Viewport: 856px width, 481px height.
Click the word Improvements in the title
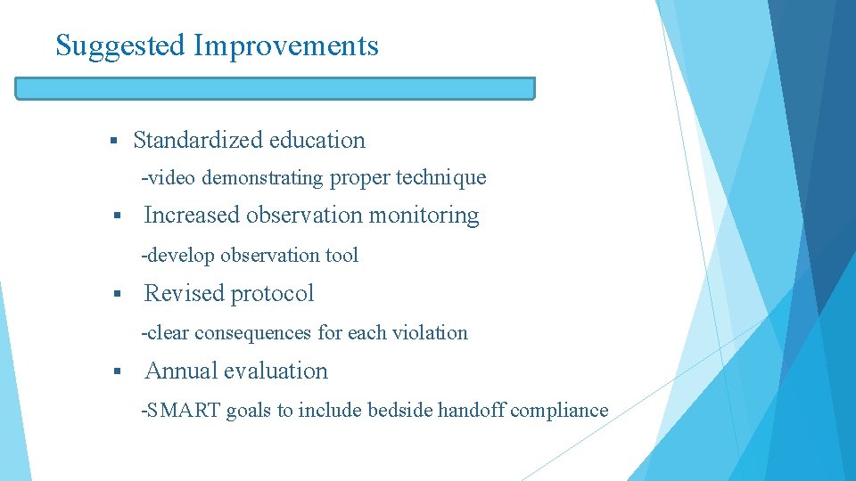[286, 45]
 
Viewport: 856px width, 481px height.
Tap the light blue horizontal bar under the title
[276, 88]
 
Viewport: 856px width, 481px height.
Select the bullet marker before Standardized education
[113, 141]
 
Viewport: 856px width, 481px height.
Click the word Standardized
[197, 140]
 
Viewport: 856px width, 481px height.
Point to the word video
[172, 177]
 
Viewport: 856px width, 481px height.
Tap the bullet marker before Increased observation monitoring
[113, 216]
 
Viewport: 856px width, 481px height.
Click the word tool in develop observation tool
[342, 255]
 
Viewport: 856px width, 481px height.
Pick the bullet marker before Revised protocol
[113, 294]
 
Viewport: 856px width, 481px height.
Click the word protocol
[273, 293]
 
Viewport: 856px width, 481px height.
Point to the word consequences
[253, 332]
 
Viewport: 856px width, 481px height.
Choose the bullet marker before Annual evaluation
[113, 371]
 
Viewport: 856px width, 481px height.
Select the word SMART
[184, 411]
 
